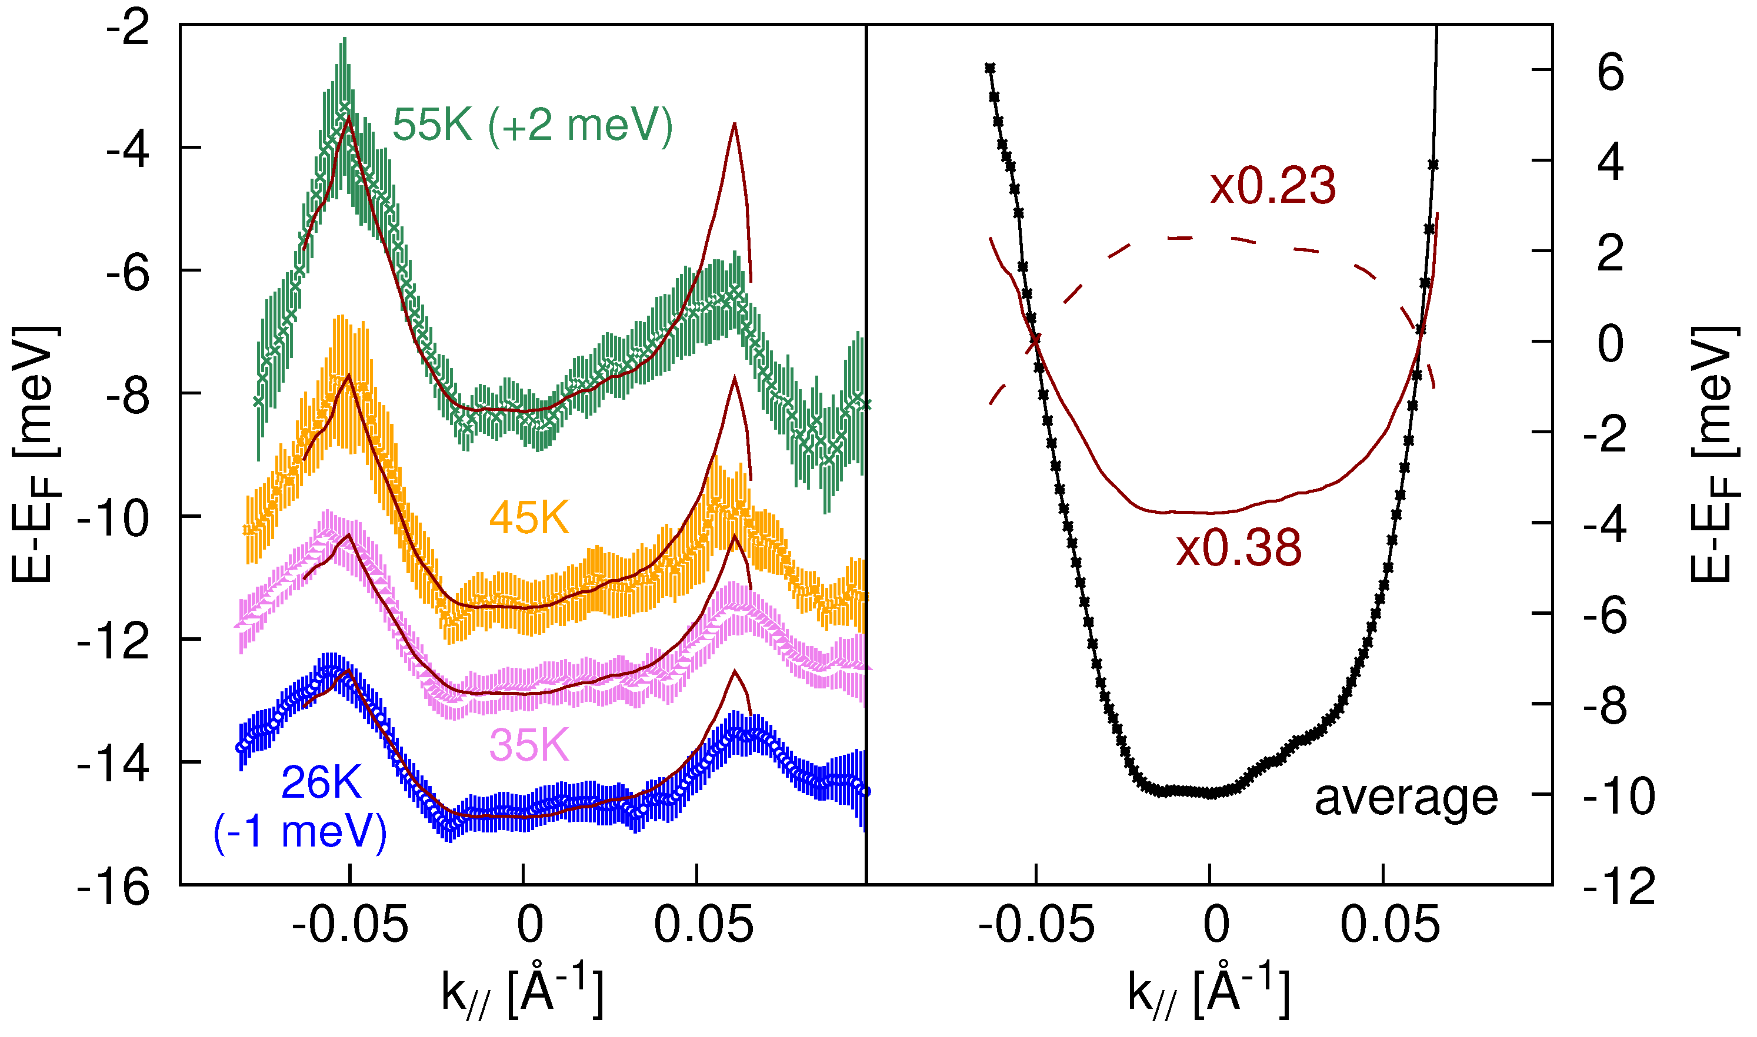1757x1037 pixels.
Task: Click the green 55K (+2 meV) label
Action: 531,126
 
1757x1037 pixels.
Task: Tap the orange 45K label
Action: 529,518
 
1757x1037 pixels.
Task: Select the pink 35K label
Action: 529,745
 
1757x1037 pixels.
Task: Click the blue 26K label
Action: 321,782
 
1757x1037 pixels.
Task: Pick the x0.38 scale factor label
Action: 1238,548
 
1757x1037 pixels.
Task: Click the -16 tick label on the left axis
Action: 114,888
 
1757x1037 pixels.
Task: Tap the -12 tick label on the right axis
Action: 1619,888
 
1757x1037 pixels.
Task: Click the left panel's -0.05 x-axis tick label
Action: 349,925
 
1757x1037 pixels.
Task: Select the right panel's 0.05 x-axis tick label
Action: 1390,925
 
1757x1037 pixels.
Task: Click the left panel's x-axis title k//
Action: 522,992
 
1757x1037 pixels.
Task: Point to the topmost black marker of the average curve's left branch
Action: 989,68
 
